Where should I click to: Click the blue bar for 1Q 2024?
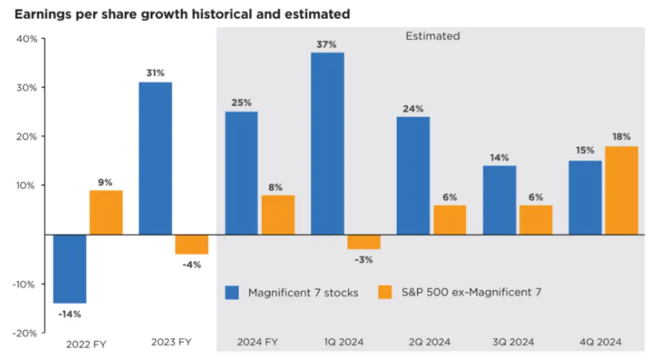coord(328,143)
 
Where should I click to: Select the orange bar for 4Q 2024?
coord(621,190)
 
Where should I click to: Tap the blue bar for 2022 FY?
coord(70,269)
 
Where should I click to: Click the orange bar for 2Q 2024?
coord(450,219)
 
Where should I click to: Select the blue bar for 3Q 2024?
coord(500,200)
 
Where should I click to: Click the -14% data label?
coord(69,314)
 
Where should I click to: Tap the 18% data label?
coord(622,137)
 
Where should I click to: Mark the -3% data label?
coord(364,259)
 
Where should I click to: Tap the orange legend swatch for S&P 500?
coord(385,292)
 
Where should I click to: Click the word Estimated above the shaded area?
coord(433,36)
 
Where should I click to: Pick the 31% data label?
coord(155,73)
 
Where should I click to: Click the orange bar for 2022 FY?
coord(106,212)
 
